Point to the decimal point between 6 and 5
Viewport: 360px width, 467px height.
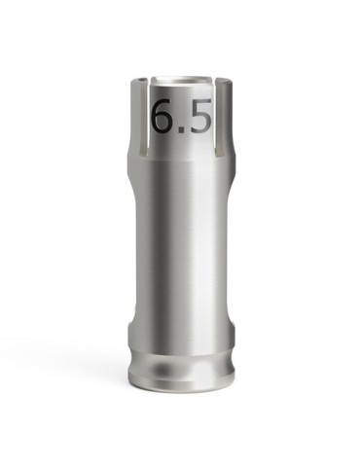183,129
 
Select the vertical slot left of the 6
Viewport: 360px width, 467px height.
143,116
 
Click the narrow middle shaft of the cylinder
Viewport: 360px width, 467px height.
181,243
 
